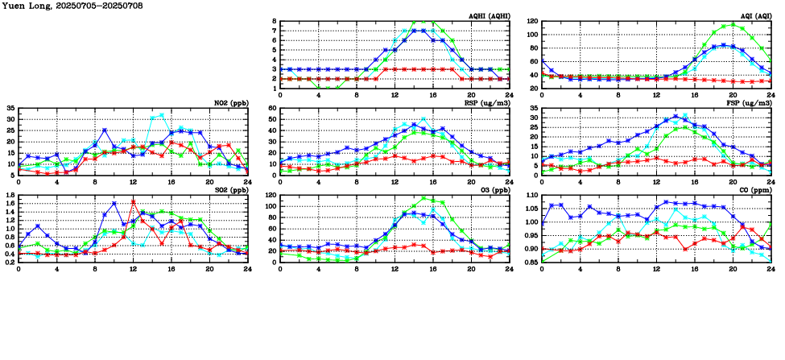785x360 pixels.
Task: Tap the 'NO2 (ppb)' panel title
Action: [230, 104]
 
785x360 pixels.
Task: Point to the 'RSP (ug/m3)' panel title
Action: [487, 104]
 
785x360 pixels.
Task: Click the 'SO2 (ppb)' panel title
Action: [230, 191]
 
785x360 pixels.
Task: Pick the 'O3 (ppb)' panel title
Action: [493, 191]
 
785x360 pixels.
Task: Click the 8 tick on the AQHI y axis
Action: [274, 22]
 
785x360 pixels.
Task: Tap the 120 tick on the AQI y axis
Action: [533, 22]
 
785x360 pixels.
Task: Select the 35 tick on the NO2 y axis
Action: [10, 108]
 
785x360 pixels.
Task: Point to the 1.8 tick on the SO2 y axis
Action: [10, 195]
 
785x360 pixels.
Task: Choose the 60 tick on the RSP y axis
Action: [272, 108]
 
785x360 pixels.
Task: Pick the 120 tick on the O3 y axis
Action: [271, 195]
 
